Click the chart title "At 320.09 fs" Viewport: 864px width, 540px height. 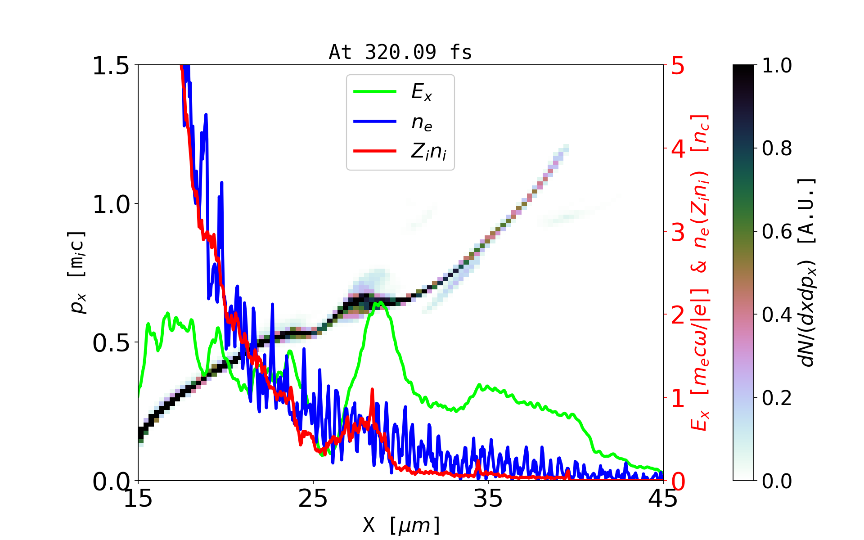point(400,52)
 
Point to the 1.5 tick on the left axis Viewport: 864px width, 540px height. point(111,66)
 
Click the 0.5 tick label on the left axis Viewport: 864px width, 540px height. point(111,343)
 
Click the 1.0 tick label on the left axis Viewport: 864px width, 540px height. point(111,205)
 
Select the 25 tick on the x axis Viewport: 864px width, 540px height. point(313,499)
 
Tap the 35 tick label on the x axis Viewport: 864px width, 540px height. point(488,499)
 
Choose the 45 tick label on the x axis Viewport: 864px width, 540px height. point(663,499)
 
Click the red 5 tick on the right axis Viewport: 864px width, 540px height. point(678,66)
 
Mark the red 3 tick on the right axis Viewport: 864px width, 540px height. point(678,233)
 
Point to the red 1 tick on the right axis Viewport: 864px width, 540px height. point(678,399)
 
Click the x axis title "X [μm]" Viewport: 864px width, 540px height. point(402,525)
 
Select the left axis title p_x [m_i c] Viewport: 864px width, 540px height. point(77,272)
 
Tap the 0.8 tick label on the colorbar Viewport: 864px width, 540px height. point(777,148)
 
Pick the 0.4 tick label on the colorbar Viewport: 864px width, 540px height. point(777,315)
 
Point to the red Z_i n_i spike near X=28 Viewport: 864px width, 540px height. point(372,390)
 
